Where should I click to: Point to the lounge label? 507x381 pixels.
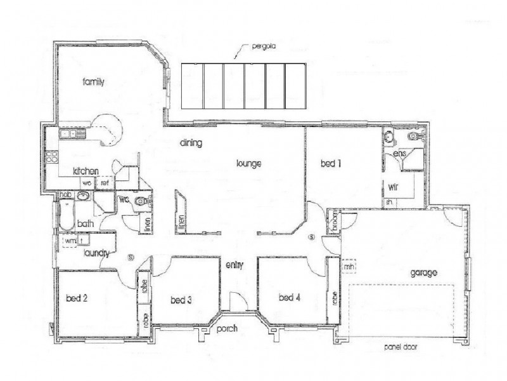pos(249,163)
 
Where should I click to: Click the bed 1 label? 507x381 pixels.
pos(331,164)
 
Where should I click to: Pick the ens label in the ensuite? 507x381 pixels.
pos(399,154)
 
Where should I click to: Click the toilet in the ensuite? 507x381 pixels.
pos(415,136)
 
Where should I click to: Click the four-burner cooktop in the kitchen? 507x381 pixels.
pos(51,157)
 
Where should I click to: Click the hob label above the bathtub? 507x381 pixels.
pos(63,195)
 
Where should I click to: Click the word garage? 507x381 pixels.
pos(423,274)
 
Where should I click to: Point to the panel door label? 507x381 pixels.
pos(401,348)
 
